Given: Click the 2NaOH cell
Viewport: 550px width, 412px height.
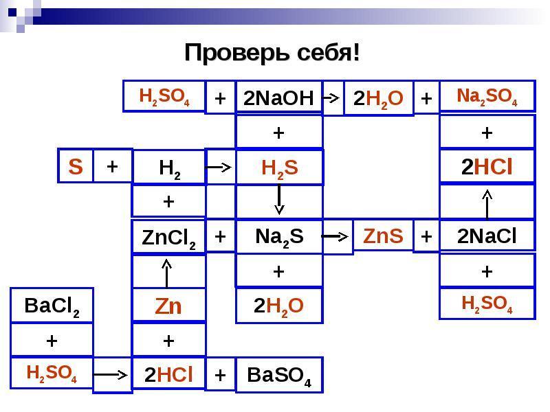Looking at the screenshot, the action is (x=279, y=97).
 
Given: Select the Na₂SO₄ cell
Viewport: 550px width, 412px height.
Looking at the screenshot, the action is (x=487, y=96).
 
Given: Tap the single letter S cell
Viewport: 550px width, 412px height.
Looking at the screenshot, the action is (x=76, y=166).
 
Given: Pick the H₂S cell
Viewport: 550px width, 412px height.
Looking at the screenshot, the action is (x=280, y=167).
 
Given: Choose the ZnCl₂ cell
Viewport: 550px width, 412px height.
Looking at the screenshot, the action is (x=168, y=237).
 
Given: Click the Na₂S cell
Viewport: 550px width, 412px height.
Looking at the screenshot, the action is (x=279, y=236).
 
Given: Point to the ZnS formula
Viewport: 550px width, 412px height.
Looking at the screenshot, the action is (x=383, y=236).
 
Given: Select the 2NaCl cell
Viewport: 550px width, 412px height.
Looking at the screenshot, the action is (x=487, y=236).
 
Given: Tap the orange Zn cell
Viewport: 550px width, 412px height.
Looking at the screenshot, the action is (x=168, y=306).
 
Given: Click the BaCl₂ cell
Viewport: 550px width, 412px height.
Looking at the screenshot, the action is (x=52, y=306).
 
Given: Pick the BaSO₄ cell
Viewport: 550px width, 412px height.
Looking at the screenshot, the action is (x=279, y=375).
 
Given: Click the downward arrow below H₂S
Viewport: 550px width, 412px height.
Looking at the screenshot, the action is (x=279, y=199).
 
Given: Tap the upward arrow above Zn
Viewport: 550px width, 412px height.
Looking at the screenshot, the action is (x=166, y=273).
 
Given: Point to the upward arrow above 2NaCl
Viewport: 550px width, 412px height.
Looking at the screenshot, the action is (x=487, y=204).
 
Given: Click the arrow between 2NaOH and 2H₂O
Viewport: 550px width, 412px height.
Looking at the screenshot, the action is (x=331, y=98).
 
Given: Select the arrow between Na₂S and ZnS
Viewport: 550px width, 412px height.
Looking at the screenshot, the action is (x=335, y=237).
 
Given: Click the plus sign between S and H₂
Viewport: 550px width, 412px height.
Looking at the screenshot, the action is (x=112, y=166).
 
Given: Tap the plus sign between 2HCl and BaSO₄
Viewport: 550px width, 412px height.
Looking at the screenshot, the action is (x=220, y=375).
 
